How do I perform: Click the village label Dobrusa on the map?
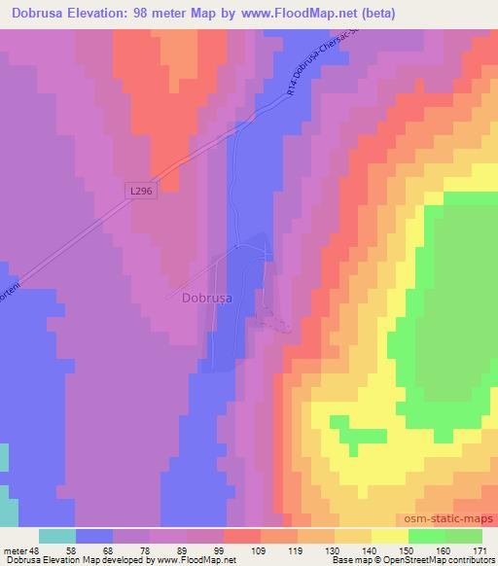[x=207, y=300]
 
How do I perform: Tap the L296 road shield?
[x=142, y=192]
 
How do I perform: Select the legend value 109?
[x=260, y=549]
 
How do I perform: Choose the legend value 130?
[x=334, y=549]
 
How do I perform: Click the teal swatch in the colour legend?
[x=57, y=536]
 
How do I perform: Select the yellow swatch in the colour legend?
[x=389, y=536]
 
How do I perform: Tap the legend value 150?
[x=408, y=549]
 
